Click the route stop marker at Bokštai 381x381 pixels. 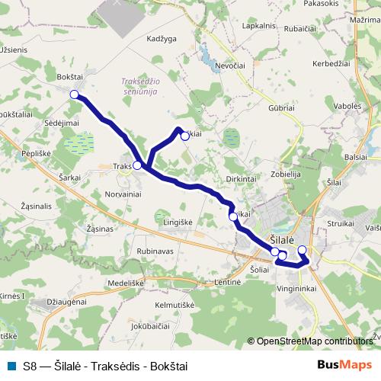tap(75, 94)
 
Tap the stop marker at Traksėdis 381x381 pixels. tap(137, 165)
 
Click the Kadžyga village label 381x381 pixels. tap(162, 37)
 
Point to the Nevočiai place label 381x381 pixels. tap(231, 66)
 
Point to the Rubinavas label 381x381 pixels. tap(155, 251)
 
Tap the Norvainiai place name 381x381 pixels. tap(124, 195)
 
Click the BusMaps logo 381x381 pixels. tap(345, 366)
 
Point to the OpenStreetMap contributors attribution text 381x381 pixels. tap(313, 341)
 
